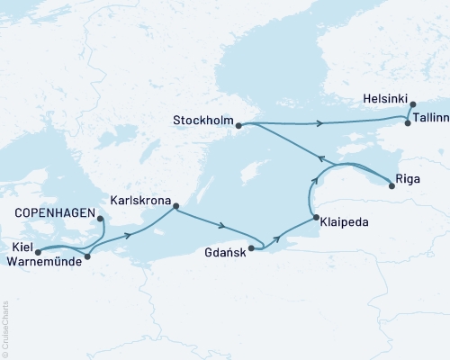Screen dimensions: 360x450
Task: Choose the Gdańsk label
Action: tap(222, 241)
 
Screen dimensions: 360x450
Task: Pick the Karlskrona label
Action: tap(139, 202)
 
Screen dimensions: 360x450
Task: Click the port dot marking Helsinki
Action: tap(413, 105)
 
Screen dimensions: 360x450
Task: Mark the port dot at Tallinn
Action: tap(408, 123)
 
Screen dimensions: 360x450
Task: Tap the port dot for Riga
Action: tap(391, 186)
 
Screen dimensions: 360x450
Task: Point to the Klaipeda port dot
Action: tap(313, 219)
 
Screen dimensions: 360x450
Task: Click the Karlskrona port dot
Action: tap(175, 204)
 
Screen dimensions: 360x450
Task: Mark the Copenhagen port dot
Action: tap(100, 219)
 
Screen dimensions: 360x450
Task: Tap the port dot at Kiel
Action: tap(38, 251)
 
